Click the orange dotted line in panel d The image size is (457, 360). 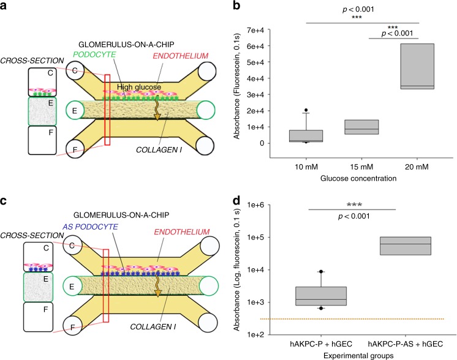pyautogui.click(x=368, y=319)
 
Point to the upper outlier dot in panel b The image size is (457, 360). pyautogui.click(x=305, y=110)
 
